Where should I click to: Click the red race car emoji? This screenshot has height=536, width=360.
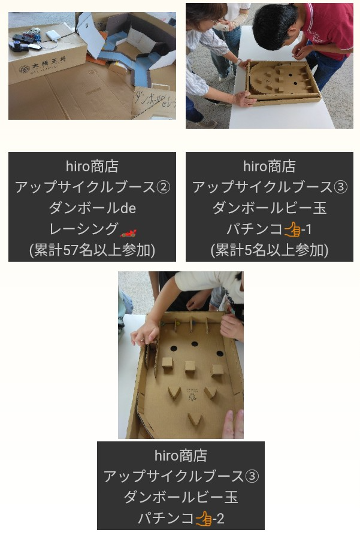click(128, 234)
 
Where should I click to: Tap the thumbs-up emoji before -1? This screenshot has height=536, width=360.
click(292, 229)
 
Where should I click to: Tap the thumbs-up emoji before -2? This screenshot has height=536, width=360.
click(204, 518)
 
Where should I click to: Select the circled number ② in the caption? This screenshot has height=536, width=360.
click(163, 187)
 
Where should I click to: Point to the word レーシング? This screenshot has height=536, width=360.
click(84, 229)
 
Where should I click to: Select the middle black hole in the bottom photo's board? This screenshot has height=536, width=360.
click(195, 344)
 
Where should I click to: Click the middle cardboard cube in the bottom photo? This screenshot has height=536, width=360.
click(190, 368)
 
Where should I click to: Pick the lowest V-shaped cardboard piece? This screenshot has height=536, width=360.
click(194, 419)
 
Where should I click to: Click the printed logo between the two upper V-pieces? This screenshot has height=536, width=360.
click(192, 395)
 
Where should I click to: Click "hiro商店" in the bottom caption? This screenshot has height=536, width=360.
click(180, 456)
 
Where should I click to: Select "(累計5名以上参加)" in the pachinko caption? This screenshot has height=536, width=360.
click(270, 250)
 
